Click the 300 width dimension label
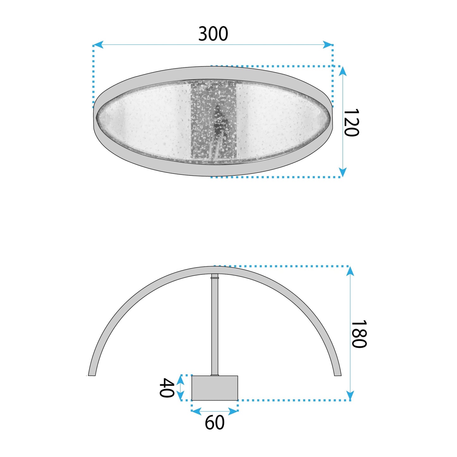(x=213, y=34)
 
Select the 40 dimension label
(x=167, y=387)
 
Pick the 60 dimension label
(x=215, y=423)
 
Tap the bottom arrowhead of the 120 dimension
(x=343, y=172)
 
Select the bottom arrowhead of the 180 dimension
(x=350, y=395)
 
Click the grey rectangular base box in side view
(x=215, y=388)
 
